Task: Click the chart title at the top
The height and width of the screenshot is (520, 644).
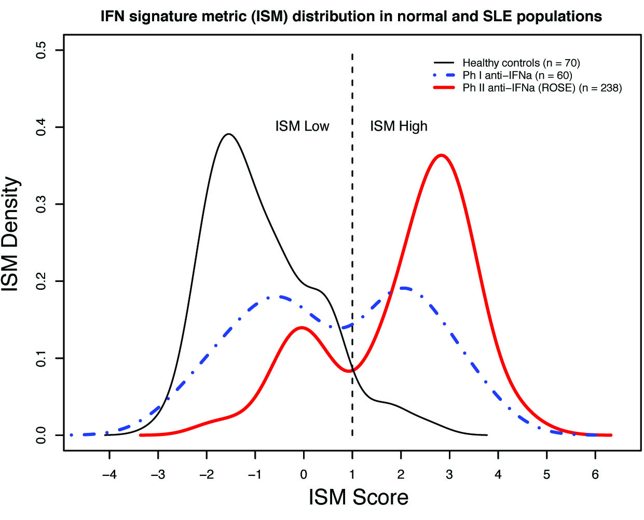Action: pos(351,17)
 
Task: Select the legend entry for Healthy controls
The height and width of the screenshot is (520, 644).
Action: pos(520,63)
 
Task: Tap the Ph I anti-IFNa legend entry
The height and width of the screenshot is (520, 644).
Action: pos(517,76)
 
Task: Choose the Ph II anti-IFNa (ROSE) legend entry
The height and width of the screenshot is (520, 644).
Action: pos(542,88)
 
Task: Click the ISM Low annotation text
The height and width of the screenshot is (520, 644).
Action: pos(302,127)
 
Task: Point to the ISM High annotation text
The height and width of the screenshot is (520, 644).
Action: pos(399,127)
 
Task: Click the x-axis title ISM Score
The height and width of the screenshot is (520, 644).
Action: pos(358,497)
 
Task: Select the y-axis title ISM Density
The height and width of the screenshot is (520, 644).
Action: pos(11,234)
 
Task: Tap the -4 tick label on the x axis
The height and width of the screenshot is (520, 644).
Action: pos(109,474)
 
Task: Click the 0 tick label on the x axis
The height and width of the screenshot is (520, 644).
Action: pos(304,474)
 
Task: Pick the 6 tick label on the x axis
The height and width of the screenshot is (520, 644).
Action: pos(595,474)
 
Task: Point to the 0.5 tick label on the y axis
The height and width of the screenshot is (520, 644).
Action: pos(42,50)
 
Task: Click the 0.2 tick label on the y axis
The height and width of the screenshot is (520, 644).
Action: pos(42,281)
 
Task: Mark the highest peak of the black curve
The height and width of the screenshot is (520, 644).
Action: pos(228,134)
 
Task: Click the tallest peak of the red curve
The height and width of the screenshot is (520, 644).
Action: pos(441,155)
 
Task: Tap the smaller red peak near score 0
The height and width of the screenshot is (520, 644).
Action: pos(302,328)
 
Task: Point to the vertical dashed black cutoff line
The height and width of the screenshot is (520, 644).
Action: pos(352,207)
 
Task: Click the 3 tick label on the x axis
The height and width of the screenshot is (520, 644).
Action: pos(449,474)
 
